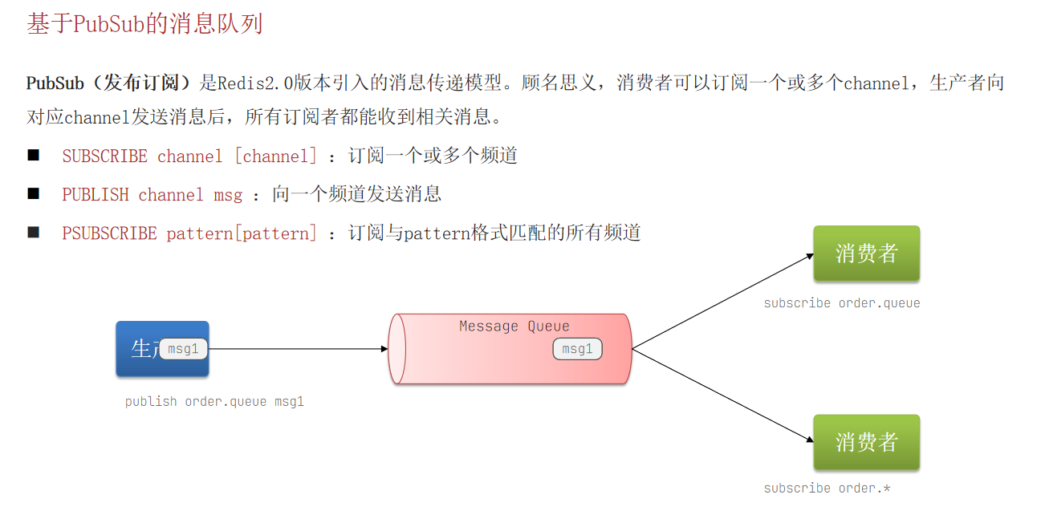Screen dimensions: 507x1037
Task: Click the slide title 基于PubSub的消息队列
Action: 144,24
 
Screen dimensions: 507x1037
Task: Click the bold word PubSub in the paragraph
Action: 55,83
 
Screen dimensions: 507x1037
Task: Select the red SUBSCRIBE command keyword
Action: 104,156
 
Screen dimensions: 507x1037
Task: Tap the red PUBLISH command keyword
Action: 96,195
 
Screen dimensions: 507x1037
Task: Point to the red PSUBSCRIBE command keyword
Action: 109,233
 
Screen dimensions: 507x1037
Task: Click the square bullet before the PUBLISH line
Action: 33,193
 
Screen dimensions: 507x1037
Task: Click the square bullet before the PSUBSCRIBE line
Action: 33,232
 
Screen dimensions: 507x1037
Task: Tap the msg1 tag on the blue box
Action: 184,349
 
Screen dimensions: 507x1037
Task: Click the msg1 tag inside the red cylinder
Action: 577,349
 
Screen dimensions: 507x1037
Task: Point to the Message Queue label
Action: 514,327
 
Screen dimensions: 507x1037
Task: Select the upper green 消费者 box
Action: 866,253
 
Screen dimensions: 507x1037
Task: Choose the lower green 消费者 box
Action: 866,442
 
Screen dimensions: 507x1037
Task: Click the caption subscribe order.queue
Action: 841,303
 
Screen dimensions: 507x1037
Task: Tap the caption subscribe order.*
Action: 827,489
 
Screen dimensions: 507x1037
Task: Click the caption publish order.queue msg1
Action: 214,402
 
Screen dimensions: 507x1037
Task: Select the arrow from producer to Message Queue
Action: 297,349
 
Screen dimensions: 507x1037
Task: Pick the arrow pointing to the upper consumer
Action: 722,302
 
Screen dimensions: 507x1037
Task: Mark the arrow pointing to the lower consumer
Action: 722,395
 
